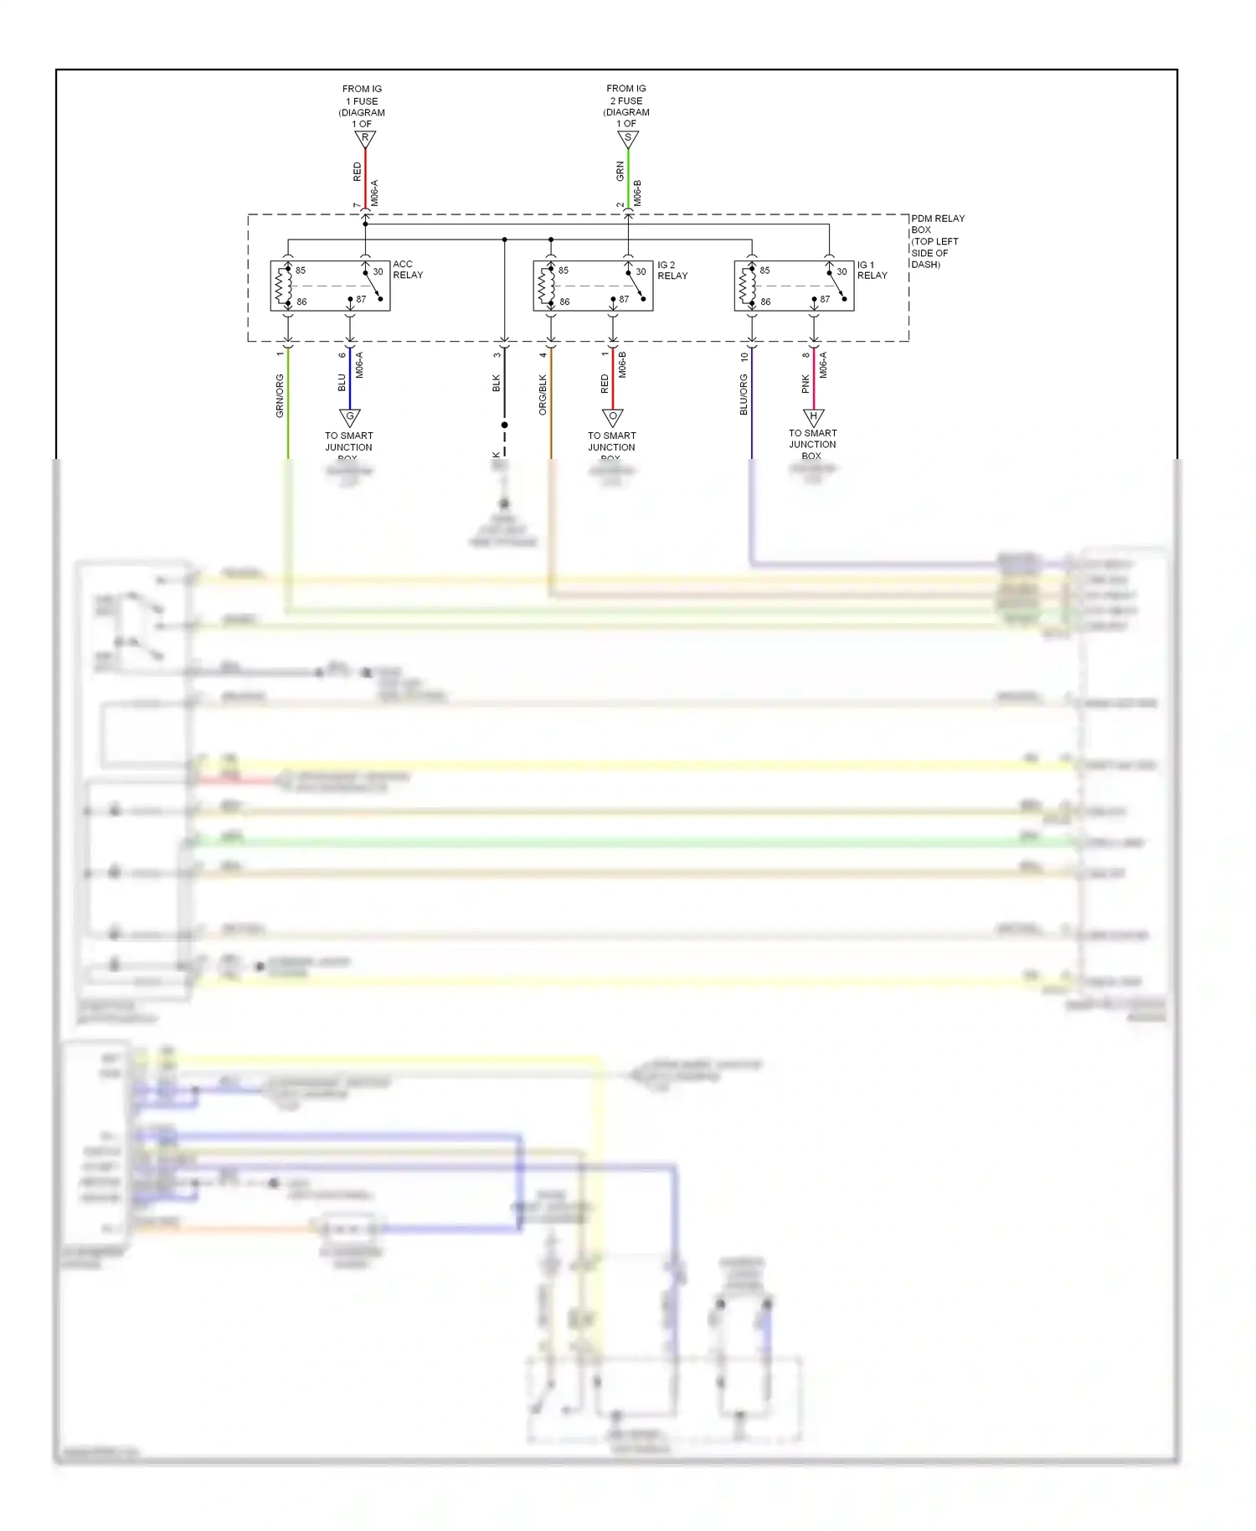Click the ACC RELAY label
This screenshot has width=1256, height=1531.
pos(408,270)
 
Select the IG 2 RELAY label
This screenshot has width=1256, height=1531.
pos(672,271)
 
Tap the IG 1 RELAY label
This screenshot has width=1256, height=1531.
pos(872,270)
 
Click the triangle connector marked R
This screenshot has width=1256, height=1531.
pos(365,139)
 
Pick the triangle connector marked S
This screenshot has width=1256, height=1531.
pos(628,139)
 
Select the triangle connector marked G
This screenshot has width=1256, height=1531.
pos(350,417)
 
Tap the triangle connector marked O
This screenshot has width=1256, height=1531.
pos(613,417)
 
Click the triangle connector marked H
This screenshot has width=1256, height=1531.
pos(814,417)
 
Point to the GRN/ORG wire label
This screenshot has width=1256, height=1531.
pos(280,396)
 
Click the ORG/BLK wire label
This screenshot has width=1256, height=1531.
pos(543,394)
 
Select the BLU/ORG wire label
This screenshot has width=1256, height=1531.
pos(744,394)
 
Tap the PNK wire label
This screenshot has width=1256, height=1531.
pos(806,384)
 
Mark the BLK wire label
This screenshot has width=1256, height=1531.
pos(496,384)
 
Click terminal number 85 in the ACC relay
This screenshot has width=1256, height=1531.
pos(301,271)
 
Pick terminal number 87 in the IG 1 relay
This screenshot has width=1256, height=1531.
pos(825,299)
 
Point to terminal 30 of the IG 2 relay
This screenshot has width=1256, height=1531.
pos(641,271)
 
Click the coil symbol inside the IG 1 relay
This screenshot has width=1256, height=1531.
pos(747,286)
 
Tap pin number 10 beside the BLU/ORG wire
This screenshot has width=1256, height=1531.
pos(744,357)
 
